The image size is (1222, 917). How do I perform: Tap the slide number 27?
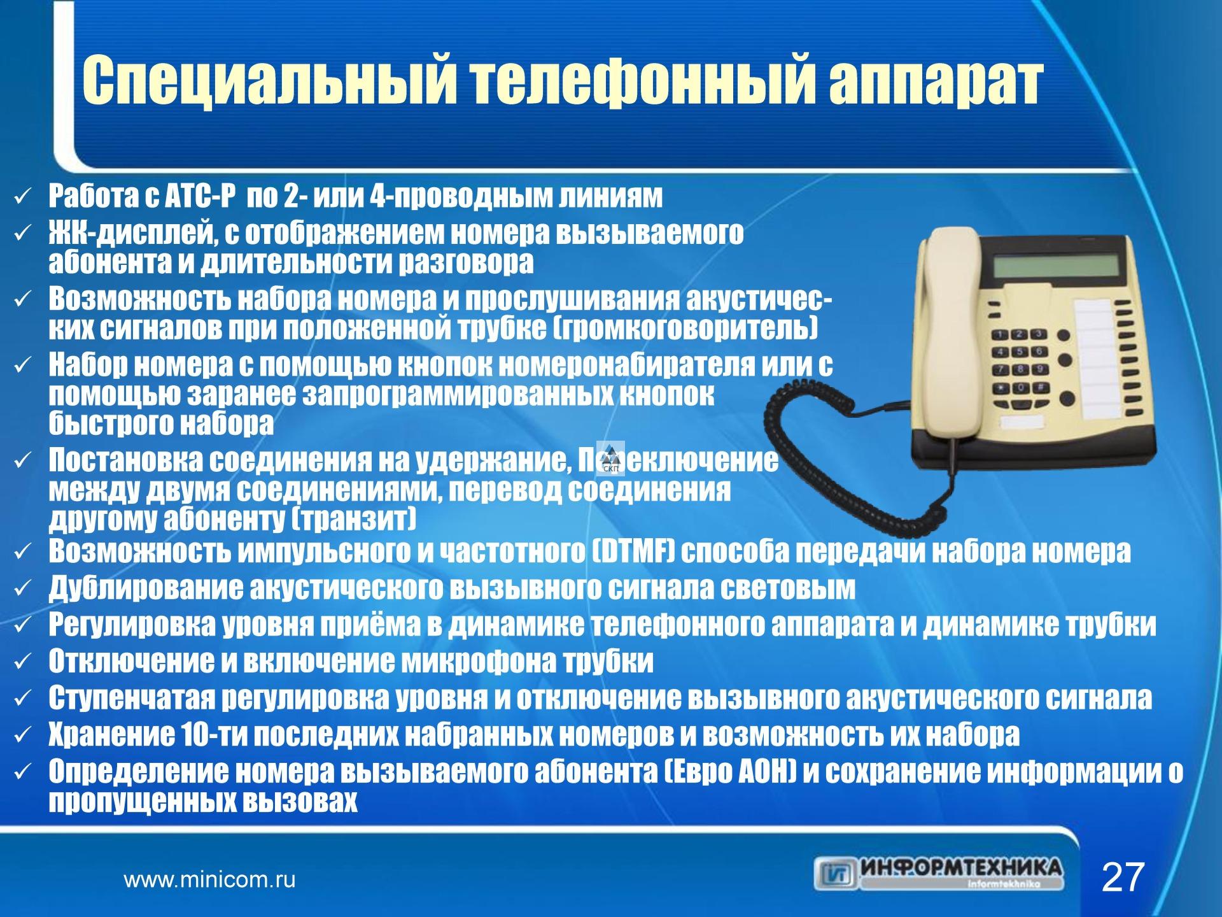click(1123, 878)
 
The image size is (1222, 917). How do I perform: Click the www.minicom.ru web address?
click(209, 880)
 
